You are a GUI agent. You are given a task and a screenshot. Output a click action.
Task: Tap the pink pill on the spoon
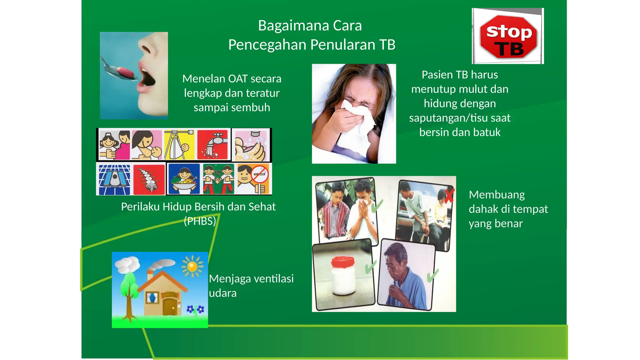click(x=126, y=72)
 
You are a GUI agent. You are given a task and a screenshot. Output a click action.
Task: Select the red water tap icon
click(x=212, y=145)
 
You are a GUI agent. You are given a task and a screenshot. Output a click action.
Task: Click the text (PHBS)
click(x=200, y=221)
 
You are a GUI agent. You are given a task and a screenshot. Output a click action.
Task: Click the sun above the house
click(x=192, y=266)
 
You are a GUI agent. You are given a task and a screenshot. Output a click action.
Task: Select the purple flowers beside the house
click(x=195, y=309)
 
